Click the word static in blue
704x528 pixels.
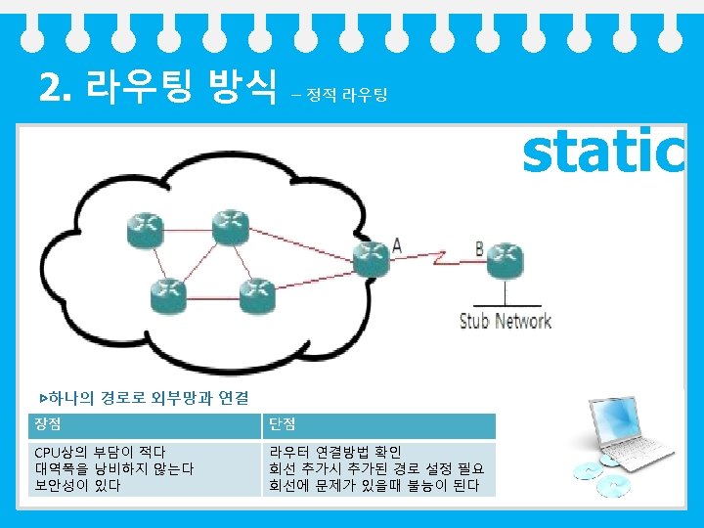(602, 153)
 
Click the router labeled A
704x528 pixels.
(372, 256)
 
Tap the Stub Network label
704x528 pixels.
(506, 321)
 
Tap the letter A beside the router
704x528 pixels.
(397, 245)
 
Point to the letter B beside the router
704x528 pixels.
(480, 248)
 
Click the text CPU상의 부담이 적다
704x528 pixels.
(100, 453)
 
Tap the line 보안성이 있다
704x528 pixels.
(77, 486)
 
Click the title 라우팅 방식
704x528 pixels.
(181, 88)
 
